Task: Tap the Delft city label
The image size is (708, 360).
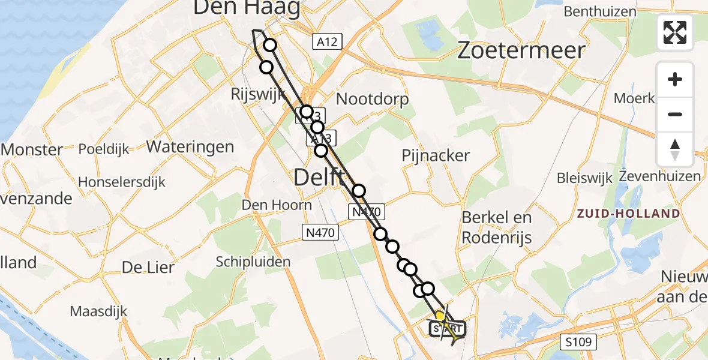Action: (x=319, y=177)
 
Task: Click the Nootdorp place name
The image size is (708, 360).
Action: (x=372, y=98)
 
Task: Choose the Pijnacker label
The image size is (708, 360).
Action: (x=436, y=155)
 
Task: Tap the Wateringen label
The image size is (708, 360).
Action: (x=190, y=146)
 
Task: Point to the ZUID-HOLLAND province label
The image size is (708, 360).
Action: (x=628, y=214)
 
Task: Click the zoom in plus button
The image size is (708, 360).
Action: (x=675, y=79)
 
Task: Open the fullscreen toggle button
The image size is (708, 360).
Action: (x=675, y=32)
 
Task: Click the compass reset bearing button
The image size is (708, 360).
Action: (x=675, y=149)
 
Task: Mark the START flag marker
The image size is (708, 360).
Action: (x=447, y=329)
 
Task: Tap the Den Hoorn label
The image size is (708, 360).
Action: (x=277, y=205)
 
